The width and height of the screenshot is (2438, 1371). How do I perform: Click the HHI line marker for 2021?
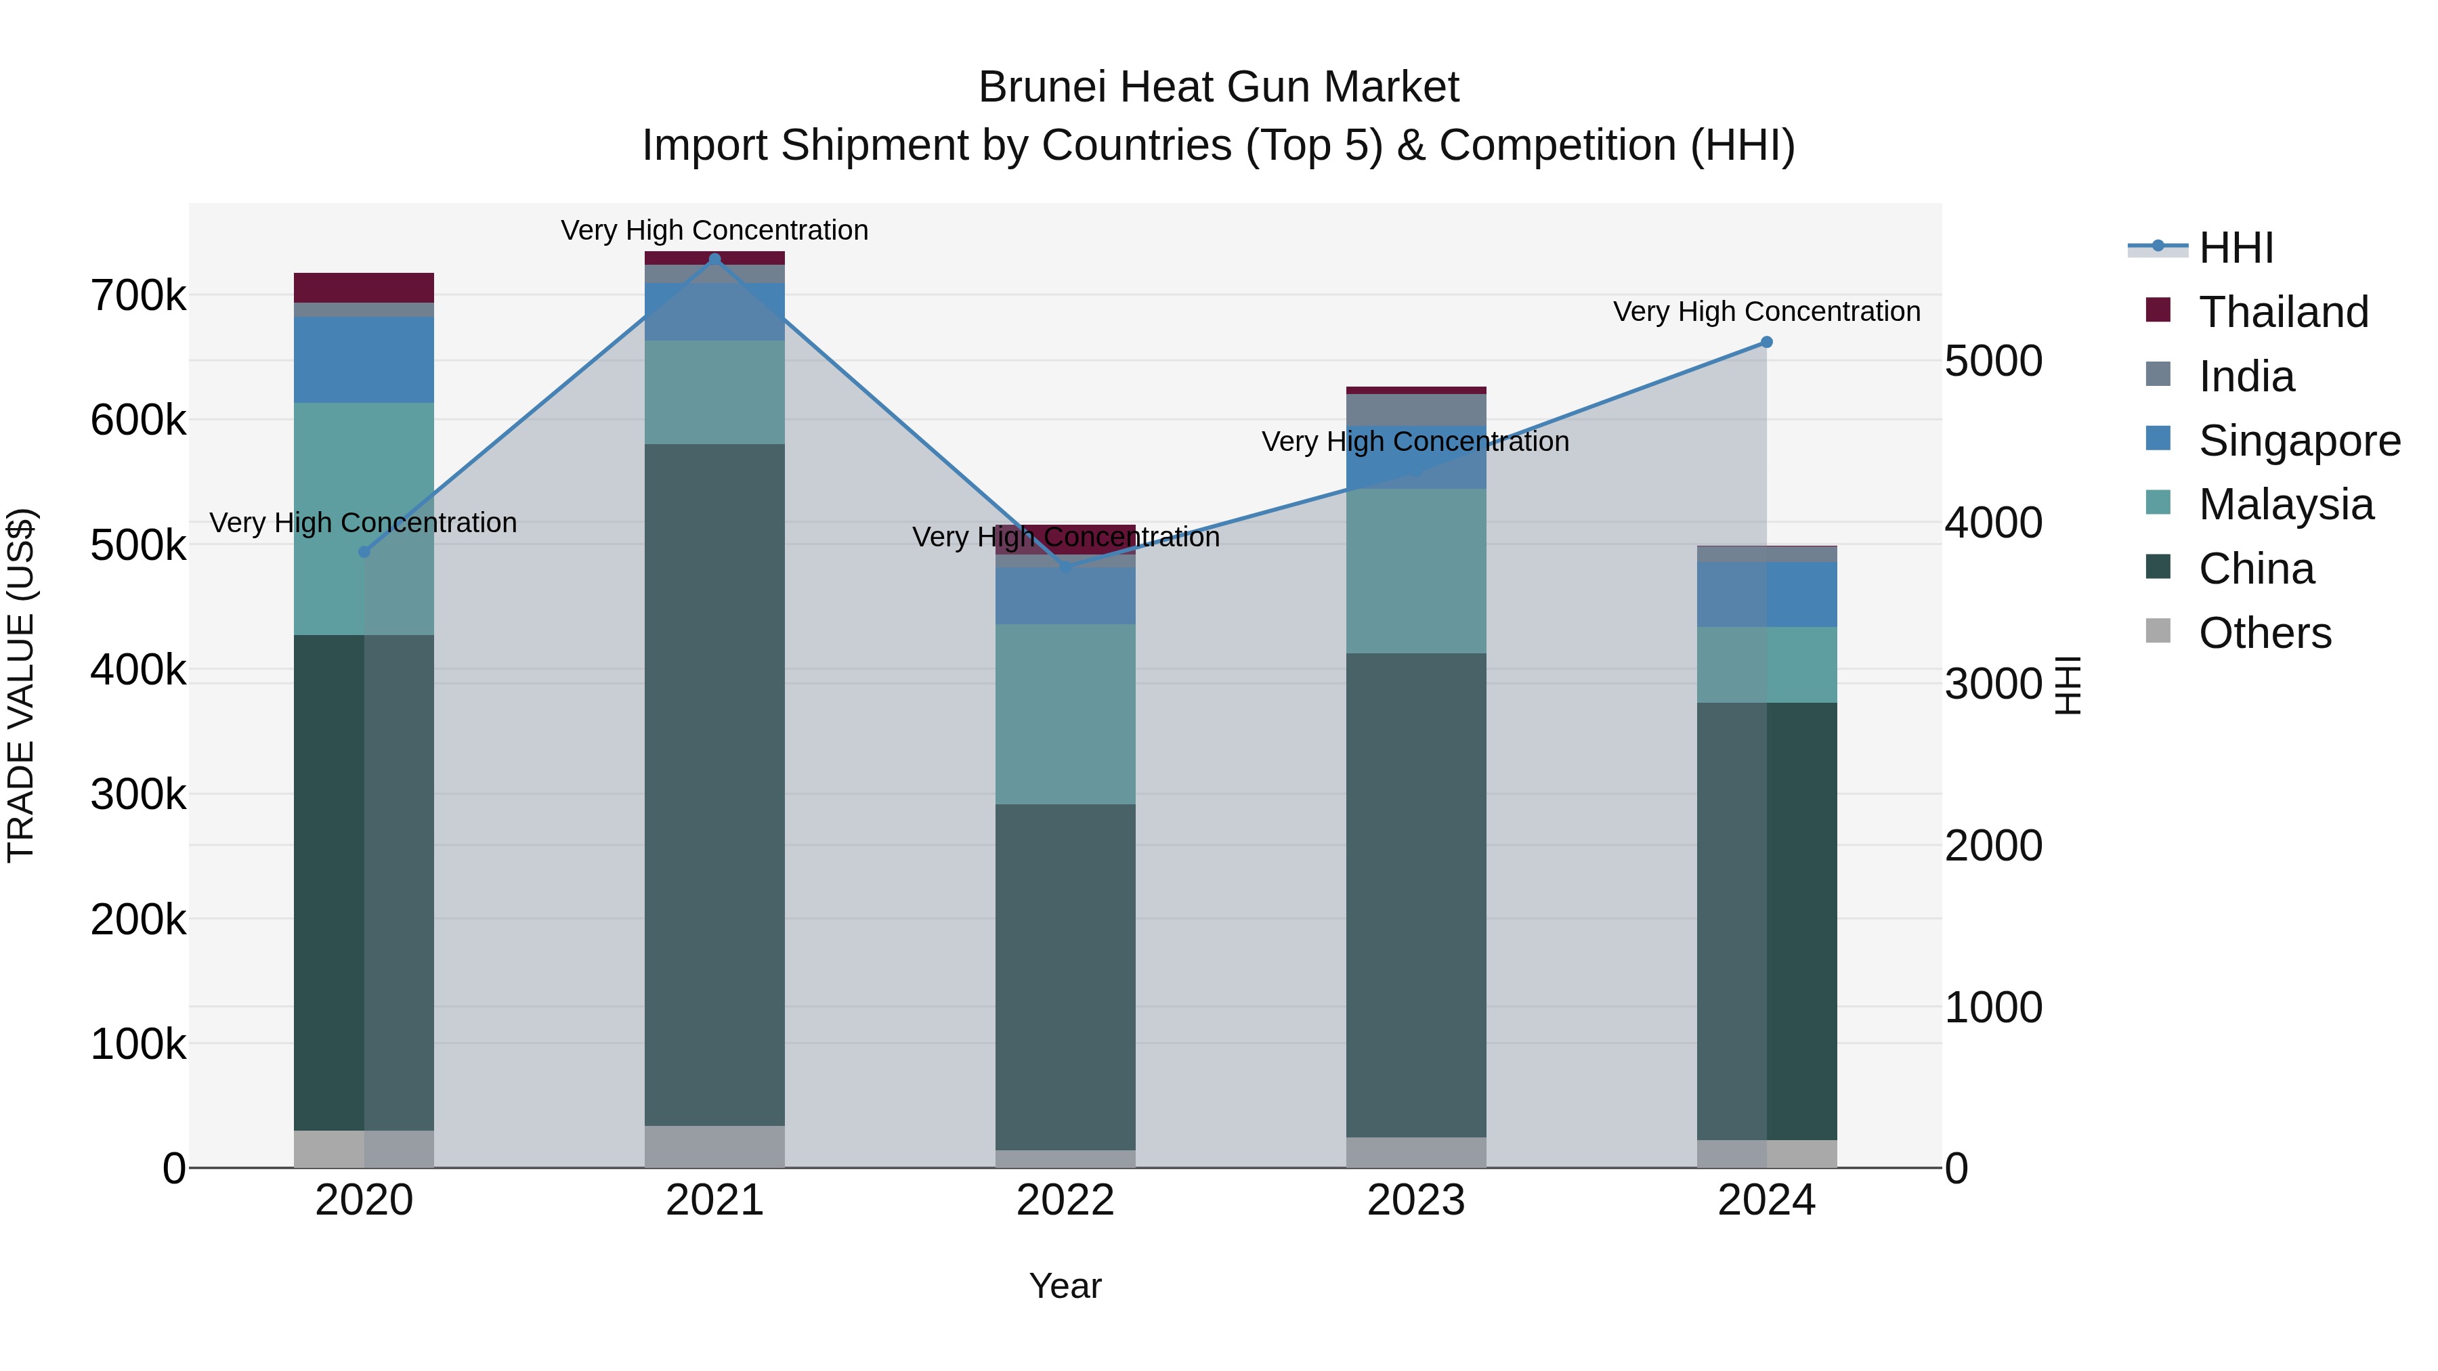[x=714, y=259]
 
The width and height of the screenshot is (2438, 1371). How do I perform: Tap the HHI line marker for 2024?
[x=1766, y=343]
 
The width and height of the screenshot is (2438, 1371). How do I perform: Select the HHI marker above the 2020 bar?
[x=364, y=552]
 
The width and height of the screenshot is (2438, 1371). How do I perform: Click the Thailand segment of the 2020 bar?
[x=364, y=288]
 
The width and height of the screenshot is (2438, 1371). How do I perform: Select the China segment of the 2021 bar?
[x=714, y=785]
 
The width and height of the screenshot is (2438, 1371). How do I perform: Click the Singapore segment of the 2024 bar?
[x=1766, y=594]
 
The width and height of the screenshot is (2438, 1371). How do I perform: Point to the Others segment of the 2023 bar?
[x=1416, y=1152]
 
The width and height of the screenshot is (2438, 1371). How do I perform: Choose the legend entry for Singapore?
[x=2298, y=441]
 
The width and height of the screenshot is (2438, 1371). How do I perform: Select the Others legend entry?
[x=2264, y=633]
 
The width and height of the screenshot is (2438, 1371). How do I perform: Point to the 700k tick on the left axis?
[x=138, y=296]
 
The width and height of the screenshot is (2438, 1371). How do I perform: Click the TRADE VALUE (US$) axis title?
[x=21, y=685]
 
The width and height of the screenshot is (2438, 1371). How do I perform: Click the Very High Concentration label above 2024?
[x=1766, y=311]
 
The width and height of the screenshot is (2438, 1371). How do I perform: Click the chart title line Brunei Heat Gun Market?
[x=1218, y=87]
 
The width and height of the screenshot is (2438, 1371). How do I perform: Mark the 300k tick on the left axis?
[x=138, y=795]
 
